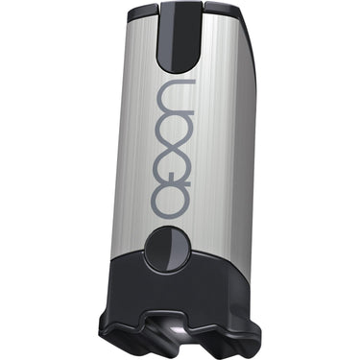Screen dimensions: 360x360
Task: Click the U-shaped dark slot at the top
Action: tap(180, 36)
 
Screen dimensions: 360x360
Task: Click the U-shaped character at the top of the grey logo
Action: tap(177, 93)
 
